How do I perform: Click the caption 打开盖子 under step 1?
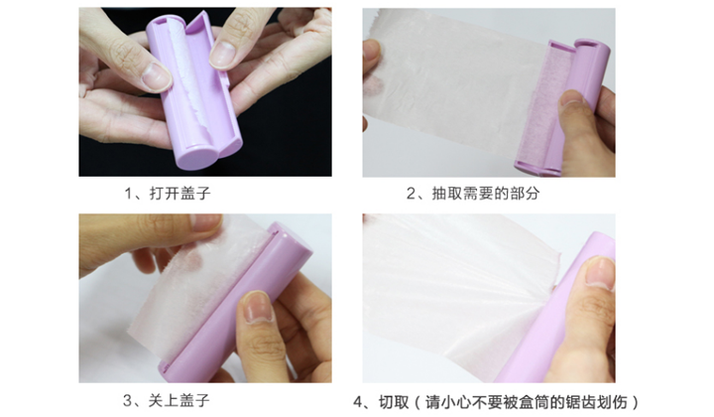(180, 194)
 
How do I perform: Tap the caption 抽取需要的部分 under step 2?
(486, 194)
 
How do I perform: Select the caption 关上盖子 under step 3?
(178, 400)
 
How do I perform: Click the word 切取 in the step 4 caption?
(394, 402)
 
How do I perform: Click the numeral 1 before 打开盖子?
(128, 194)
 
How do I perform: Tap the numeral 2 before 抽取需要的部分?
(411, 194)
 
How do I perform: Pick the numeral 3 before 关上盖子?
(127, 401)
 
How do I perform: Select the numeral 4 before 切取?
(358, 403)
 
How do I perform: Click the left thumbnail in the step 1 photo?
(156, 76)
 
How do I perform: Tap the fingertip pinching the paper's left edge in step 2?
(372, 49)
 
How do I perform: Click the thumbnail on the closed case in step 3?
(258, 307)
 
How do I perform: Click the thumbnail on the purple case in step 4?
(600, 272)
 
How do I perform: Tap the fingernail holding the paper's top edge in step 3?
(206, 221)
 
